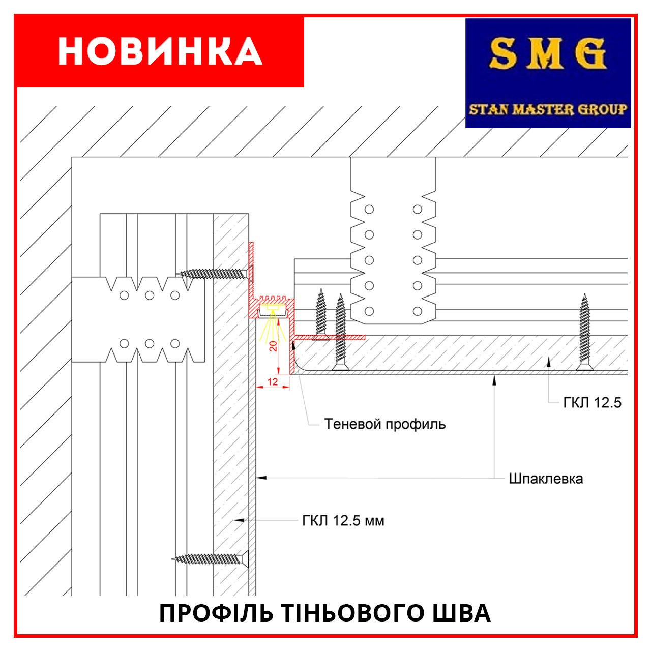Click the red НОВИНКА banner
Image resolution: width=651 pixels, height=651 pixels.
coord(160,51)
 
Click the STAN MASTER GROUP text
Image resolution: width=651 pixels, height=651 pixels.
coord(548,109)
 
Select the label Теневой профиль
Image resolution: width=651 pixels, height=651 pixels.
coord(384,424)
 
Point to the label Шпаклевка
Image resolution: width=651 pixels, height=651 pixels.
coord(546,479)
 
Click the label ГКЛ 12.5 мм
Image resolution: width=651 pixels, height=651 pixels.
coord(343,521)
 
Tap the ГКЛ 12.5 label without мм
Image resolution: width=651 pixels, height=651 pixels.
coord(592,403)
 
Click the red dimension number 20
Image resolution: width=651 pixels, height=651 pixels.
coord(273,346)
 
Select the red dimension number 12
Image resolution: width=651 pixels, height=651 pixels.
coord(273,381)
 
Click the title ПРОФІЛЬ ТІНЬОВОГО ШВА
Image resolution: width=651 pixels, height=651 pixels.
coord(325,613)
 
